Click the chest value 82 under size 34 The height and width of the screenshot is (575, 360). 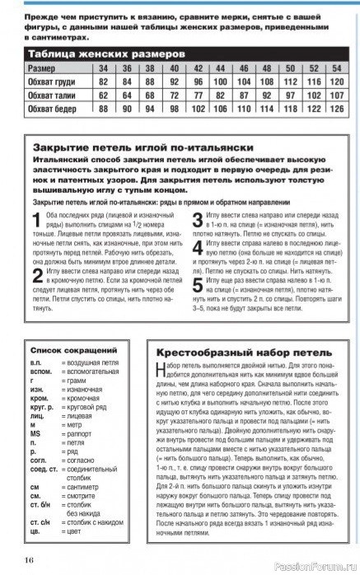pos(104,82)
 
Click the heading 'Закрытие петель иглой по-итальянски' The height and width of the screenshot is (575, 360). pos(122,146)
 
